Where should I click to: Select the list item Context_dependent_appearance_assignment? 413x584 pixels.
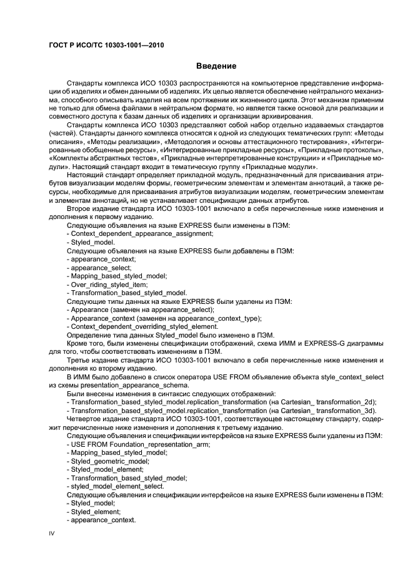142,233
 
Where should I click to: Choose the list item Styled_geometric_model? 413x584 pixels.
109,460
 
